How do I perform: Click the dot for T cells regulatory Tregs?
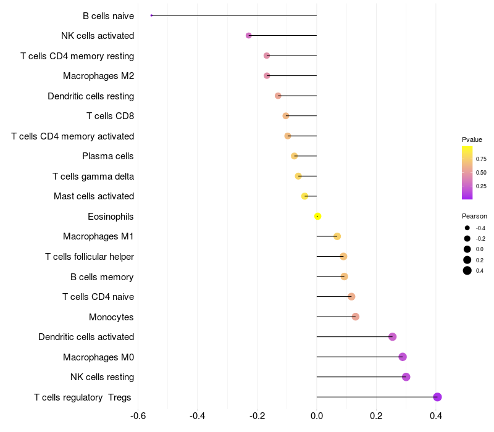pos(437,397)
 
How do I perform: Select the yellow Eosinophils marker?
pos(317,216)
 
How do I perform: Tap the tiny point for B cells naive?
pos(151,15)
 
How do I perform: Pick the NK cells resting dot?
pos(406,377)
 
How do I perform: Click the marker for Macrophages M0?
pos(403,357)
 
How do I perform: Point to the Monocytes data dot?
pos(355,317)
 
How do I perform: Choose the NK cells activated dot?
pos(249,36)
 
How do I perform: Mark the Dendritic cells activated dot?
pos(392,336)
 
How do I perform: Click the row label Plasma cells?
pos(108,156)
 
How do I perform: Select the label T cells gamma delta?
pos(93,177)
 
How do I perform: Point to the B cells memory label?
pos(102,276)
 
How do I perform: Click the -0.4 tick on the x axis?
pos(198,416)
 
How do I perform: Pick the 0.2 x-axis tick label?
pos(376,416)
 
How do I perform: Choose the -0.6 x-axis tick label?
pos(138,416)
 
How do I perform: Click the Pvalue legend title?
pos(472,139)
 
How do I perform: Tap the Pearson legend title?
pos(474,217)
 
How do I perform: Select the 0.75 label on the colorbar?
pos(481,159)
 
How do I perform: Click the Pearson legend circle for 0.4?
pos(467,270)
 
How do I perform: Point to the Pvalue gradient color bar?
pos(467,173)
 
